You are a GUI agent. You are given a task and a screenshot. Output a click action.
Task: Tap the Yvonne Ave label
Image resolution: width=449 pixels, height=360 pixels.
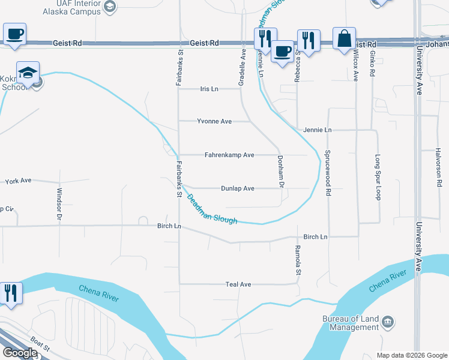214,121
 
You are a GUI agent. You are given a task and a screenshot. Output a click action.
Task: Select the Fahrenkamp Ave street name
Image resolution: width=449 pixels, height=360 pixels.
229,155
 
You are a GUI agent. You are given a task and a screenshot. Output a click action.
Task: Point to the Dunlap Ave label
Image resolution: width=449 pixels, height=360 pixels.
238,188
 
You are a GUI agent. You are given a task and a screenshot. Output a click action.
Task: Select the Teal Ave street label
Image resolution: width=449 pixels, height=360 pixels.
238,284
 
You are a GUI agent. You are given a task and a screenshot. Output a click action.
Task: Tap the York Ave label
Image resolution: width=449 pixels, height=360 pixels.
18,181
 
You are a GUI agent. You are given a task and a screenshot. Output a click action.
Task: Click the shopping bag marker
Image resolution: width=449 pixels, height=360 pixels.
345,40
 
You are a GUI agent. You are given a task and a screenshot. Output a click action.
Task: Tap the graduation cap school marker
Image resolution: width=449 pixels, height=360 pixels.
28,73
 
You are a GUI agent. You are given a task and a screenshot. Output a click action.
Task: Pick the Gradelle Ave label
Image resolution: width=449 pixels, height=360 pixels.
242,67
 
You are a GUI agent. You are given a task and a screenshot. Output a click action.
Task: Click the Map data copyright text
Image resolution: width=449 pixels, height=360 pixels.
411,355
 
